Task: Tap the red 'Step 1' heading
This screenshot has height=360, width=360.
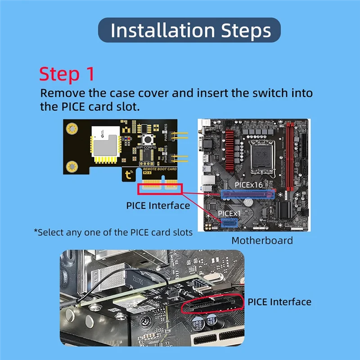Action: tap(66, 74)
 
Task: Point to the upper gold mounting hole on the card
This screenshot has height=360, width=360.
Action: tap(70, 129)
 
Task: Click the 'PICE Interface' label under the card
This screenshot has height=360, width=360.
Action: tap(157, 206)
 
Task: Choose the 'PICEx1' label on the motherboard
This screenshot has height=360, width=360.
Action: tap(230, 212)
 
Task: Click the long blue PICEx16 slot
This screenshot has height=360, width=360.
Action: tap(247, 194)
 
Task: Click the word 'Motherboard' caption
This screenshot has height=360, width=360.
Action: tap(262, 240)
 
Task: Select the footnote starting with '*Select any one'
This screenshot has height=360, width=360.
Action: tap(113, 232)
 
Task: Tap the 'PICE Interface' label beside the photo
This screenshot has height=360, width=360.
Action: tap(279, 301)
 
